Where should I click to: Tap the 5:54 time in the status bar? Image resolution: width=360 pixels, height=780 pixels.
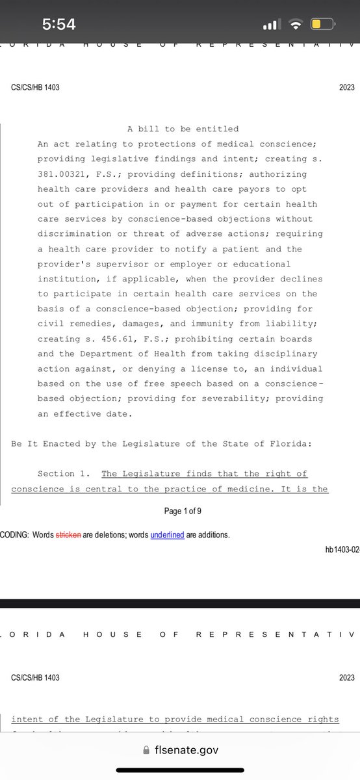59,25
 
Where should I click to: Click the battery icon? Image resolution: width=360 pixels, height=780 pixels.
322,25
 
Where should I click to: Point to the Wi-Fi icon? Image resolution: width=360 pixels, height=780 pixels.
296,25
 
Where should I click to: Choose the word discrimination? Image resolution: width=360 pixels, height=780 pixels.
72,233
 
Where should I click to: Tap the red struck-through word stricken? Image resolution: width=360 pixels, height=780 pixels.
68,535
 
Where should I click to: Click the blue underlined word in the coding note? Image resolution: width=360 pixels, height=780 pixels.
168,535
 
